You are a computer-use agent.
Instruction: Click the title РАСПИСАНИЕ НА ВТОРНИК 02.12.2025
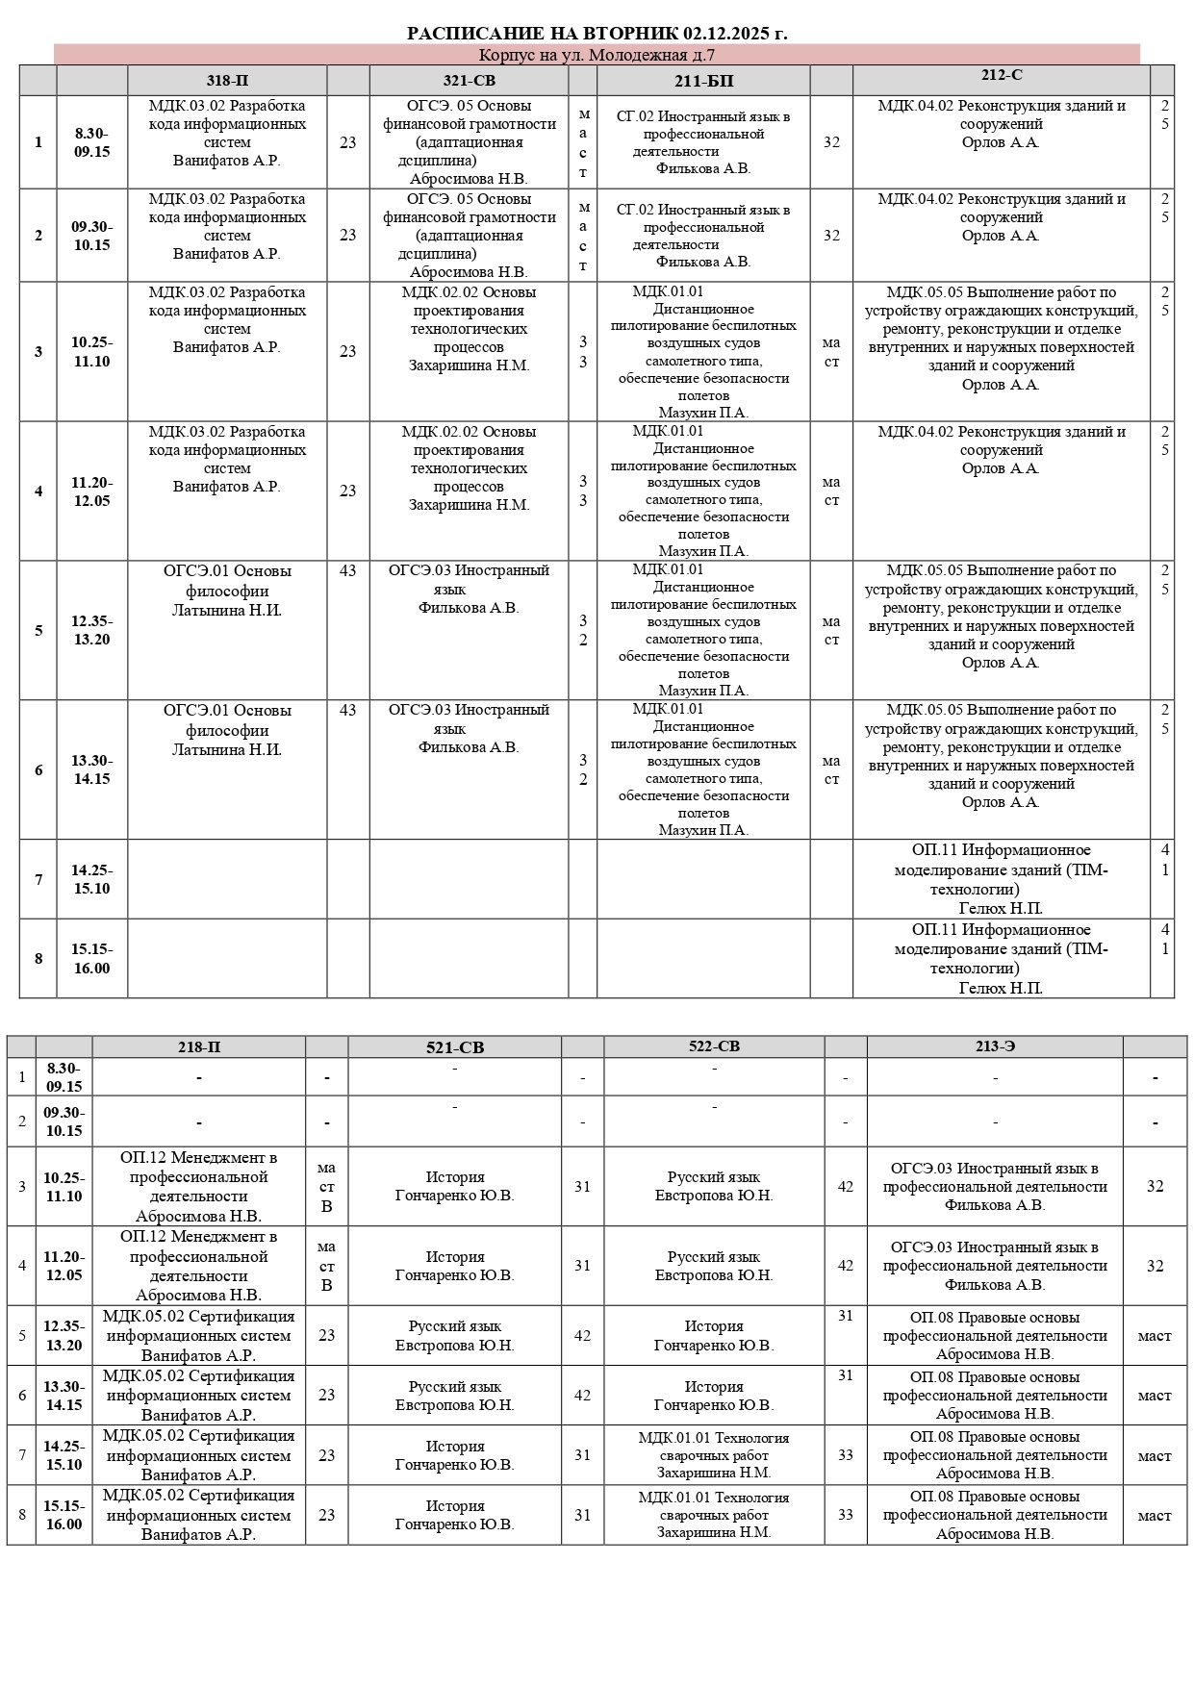(x=597, y=34)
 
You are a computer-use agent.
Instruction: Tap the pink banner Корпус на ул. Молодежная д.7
(x=597, y=55)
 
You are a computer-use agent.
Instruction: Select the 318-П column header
(x=227, y=81)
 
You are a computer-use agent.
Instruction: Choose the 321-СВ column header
(x=469, y=81)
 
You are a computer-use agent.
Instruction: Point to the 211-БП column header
(x=703, y=81)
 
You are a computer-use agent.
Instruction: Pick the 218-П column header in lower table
(x=198, y=1047)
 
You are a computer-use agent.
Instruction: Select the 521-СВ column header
(x=455, y=1047)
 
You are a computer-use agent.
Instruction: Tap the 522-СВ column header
(x=714, y=1046)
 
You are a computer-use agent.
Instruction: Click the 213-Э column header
(x=995, y=1046)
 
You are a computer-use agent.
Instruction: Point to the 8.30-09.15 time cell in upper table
(x=91, y=142)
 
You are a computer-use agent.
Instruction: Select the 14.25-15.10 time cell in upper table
(x=91, y=879)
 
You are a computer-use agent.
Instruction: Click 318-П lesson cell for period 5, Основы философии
(x=227, y=591)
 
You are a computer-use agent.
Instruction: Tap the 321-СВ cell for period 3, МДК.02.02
(x=469, y=329)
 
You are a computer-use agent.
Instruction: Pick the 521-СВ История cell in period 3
(x=455, y=1186)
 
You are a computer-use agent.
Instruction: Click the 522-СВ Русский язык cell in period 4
(x=714, y=1266)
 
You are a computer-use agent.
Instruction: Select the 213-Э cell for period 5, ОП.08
(x=995, y=1335)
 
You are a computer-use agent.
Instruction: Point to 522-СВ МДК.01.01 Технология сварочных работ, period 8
(x=714, y=1514)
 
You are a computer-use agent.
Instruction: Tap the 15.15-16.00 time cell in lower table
(x=64, y=1514)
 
